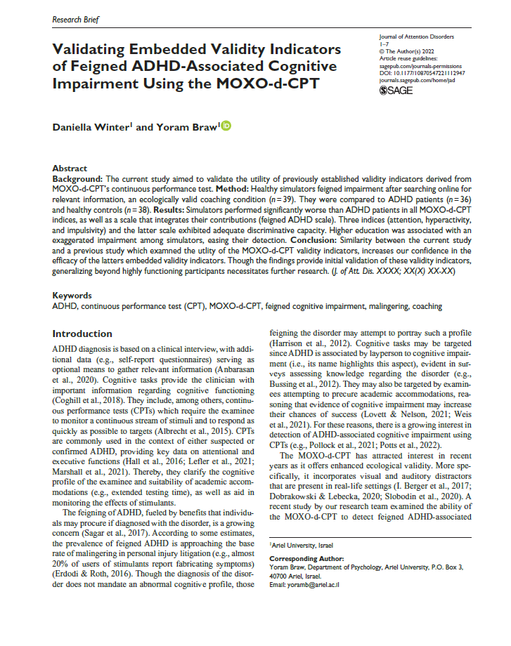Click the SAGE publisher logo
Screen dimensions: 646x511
[x=396, y=91]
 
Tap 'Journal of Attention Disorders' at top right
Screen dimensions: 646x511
[x=415, y=36]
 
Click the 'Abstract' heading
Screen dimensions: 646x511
[x=71, y=169]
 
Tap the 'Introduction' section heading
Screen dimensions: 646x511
[x=87, y=334]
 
